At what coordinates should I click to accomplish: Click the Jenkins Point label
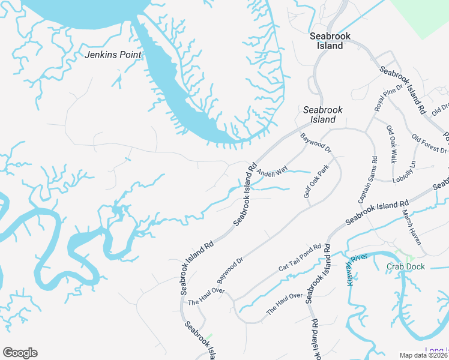point(113,55)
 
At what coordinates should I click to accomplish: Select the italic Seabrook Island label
point(323,115)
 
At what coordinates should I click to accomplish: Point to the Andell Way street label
point(269,173)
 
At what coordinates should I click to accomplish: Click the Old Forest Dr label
point(429,144)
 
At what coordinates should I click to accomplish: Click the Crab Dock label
point(406,267)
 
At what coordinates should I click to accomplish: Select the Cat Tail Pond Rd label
point(300,259)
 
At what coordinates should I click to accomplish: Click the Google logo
point(20,353)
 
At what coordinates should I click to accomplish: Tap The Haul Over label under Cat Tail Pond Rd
point(285,304)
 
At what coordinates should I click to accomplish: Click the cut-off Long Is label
point(436,350)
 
